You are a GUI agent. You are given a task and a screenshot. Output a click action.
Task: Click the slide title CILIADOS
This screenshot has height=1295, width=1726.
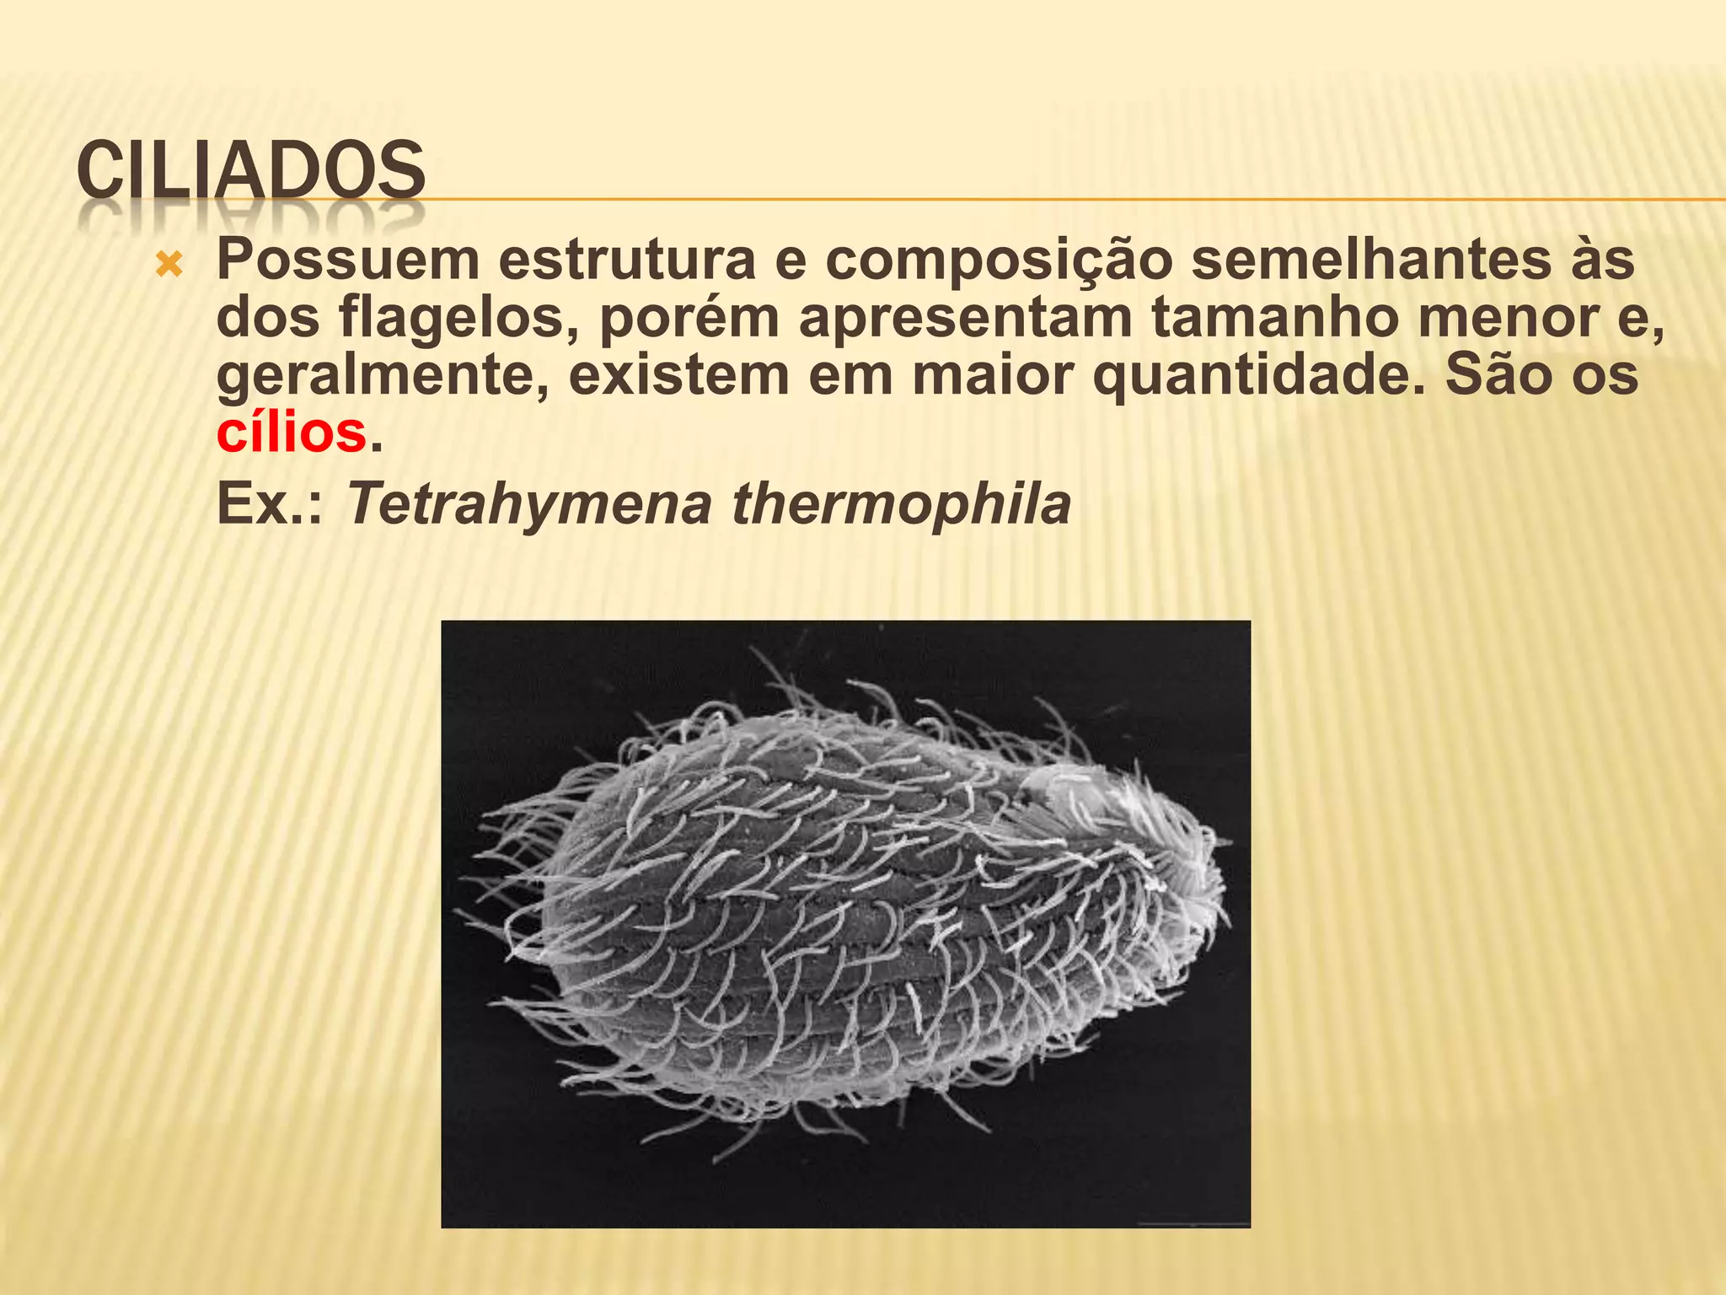(250, 172)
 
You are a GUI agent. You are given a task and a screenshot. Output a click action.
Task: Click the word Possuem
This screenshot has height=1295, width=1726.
(348, 261)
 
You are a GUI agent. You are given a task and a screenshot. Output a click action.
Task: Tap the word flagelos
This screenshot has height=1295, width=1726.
(459, 319)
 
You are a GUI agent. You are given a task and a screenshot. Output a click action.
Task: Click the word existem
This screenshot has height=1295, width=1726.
(678, 375)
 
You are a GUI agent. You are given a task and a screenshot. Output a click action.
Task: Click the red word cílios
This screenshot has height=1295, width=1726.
(292, 433)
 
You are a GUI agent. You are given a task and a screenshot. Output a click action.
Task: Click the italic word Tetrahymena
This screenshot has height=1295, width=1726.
(528, 506)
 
